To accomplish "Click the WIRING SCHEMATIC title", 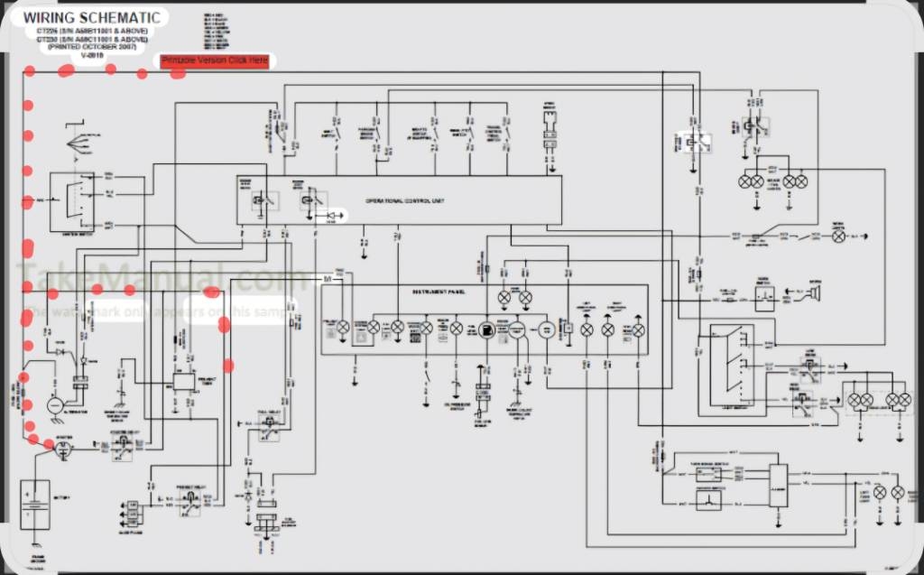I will pos(92,17).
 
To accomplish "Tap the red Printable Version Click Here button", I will pos(215,60).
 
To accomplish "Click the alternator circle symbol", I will pos(55,407).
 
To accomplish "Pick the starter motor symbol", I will pos(65,449).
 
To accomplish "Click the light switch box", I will pos(731,366).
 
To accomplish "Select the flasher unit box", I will pos(777,487).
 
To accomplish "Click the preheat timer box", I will pos(186,381).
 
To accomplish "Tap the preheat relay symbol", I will pos(191,504).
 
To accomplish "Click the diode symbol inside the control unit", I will pos(336,216).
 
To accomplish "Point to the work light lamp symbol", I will pos(838,236).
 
